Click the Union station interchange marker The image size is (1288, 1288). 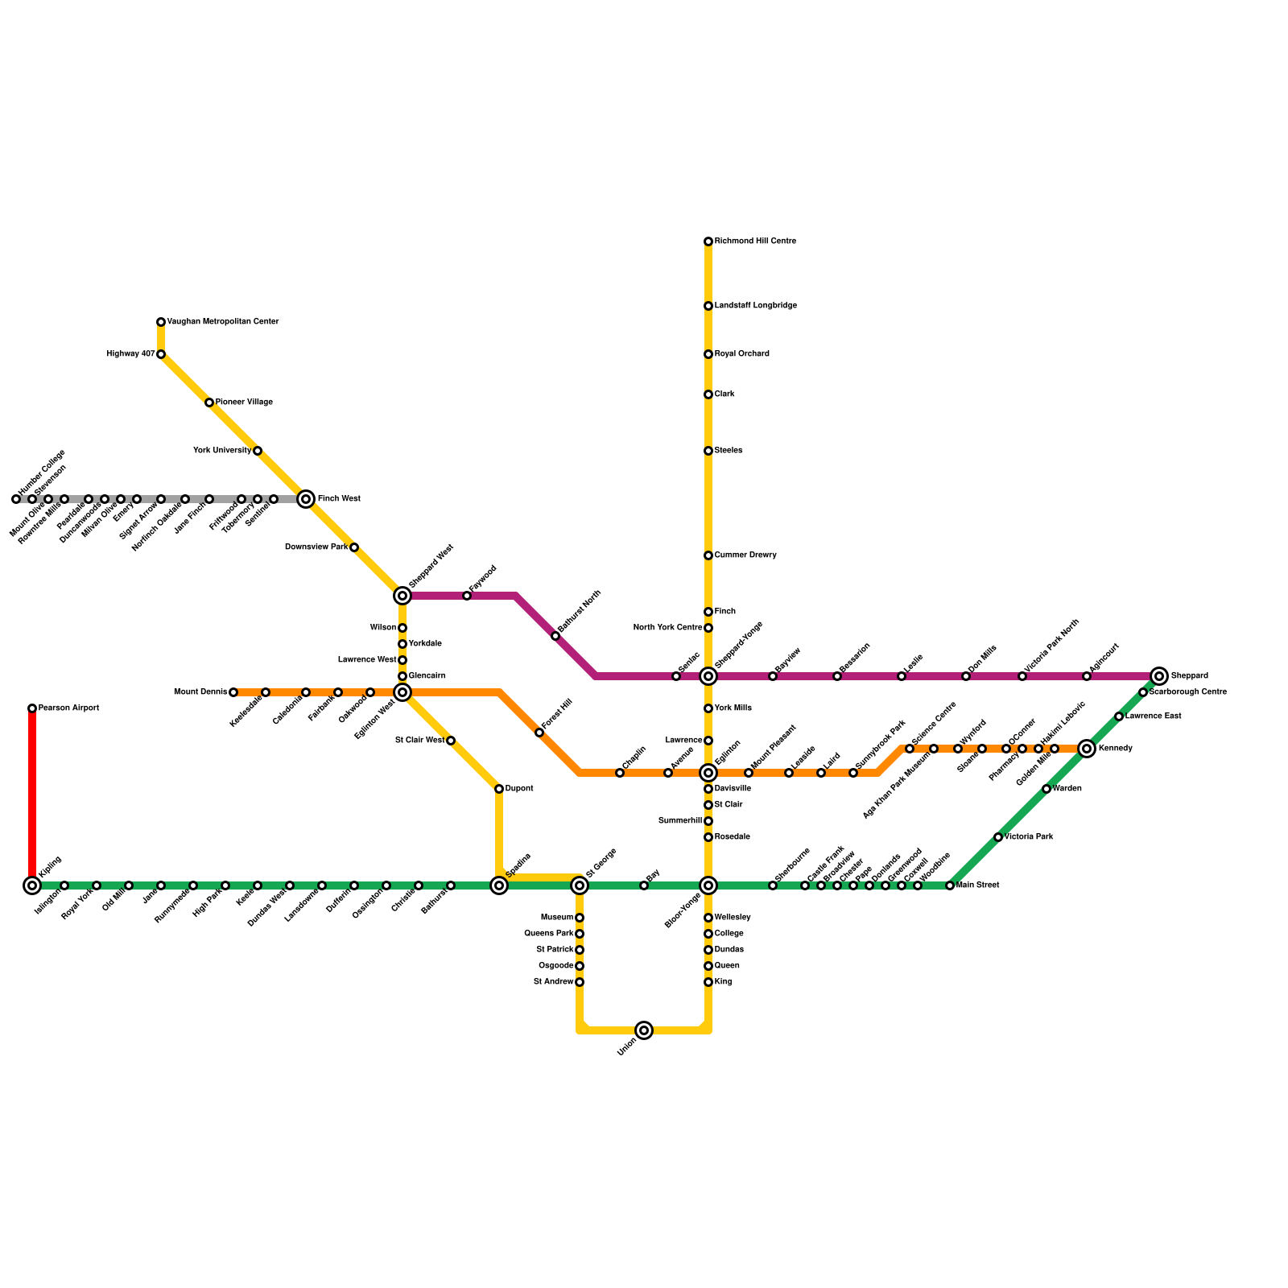[644, 1030]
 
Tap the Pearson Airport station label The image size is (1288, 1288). [68, 708]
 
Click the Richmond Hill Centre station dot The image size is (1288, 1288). [708, 242]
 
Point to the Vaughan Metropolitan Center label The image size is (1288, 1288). [223, 322]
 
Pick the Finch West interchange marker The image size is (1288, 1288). [306, 499]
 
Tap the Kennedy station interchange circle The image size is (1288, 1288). [1087, 749]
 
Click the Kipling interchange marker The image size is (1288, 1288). [32, 885]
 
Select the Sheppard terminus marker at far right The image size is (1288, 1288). [1159, 676]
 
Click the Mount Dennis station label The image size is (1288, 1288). [200, 692]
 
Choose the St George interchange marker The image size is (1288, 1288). [580, 885]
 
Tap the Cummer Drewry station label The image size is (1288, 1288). [745, 555]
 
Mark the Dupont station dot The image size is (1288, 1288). [499, 789]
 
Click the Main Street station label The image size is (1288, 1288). [978, 885]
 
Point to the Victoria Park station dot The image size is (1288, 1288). [998, 837]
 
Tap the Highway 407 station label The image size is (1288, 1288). [130, 354]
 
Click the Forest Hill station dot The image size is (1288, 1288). [539, 733]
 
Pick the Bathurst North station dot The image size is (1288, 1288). [555, 636]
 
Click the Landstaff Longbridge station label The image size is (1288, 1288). [755, 306]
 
